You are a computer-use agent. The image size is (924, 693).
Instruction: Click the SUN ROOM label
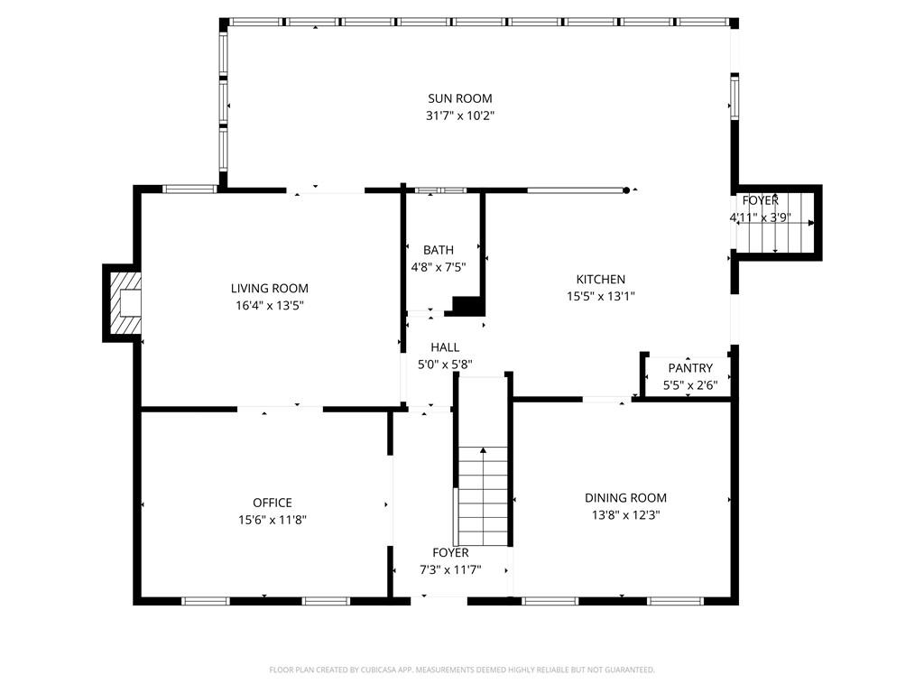(x=459, y=98)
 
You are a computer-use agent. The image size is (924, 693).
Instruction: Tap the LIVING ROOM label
(x=269, y=288)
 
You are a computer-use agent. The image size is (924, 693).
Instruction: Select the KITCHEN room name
(x=600, y=280)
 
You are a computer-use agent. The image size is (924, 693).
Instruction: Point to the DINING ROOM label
(x=626, y=498)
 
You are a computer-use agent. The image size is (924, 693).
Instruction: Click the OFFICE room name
(x=273, y=503)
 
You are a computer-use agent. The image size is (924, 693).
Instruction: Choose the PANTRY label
(x=690, y=368)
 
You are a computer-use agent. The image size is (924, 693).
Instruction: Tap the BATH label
(x=439, y=250)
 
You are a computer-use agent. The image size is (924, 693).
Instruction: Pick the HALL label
(x=445, y=347)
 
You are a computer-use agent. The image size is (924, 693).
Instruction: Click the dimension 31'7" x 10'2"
(x=459, y=115)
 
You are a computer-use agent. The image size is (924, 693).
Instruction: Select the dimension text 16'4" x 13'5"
(x=269, y=305)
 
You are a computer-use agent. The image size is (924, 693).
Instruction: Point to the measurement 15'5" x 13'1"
(x=600, y=296)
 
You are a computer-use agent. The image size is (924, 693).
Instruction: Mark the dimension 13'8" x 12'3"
(x=626, y=515)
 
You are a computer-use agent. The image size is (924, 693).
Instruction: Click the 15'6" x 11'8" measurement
(x=273, y=520)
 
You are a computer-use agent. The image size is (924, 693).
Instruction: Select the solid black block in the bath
(x=468, y=307)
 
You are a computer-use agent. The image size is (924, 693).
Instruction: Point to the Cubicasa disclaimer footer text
(x=462, y=670)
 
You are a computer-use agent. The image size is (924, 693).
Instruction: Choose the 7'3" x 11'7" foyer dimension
(x=450, y=570)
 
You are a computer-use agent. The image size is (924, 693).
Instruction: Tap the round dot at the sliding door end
(x=626, y=190)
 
